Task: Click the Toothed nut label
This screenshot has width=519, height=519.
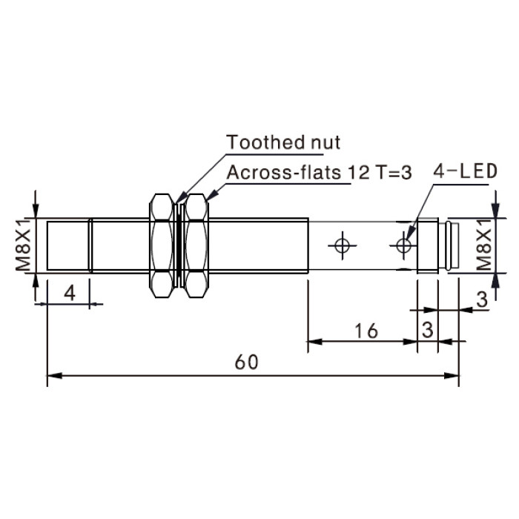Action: click(283, 142)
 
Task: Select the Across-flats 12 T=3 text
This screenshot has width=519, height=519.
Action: click(319, 173)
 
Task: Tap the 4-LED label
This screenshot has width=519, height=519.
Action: click(466, 171)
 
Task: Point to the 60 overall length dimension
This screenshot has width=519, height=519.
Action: click(246, 362)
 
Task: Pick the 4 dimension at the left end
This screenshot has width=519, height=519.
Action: click(70, 293)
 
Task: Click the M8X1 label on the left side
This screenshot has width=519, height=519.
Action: click(24, 245)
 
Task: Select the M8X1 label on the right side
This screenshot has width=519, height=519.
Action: click(483, 245)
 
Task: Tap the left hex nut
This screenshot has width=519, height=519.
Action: click(161, 245)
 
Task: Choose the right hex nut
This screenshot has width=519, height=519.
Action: click(196, 245)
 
